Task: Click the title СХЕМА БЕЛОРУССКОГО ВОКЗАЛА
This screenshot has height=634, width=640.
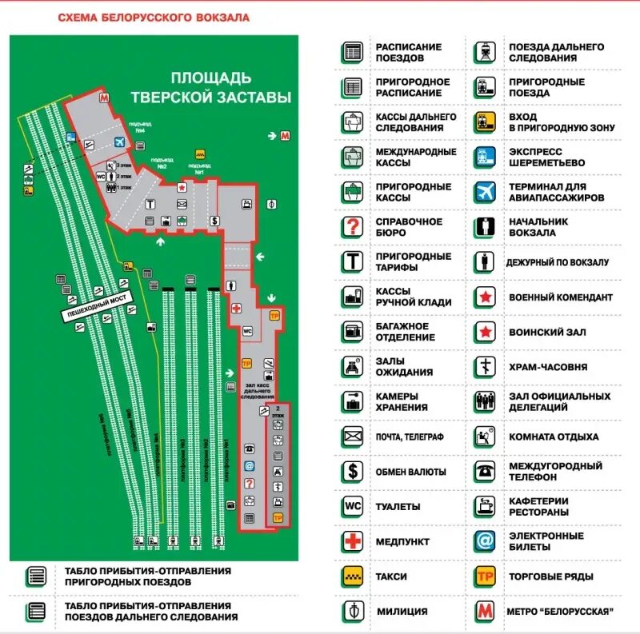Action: (154, 17)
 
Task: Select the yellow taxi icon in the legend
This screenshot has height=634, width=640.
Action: (353, 576)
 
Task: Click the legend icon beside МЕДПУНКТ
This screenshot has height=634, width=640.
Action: (353, 541)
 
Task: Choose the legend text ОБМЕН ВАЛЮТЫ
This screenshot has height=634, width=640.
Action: (410, 472)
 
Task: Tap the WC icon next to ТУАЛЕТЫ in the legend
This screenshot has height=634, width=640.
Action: (353, 507)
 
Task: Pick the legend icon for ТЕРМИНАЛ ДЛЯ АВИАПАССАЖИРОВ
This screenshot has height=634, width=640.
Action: (485, 192)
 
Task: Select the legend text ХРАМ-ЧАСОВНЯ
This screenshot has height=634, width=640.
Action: (548, 367)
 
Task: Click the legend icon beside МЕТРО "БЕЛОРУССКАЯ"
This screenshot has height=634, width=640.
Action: (485, 612)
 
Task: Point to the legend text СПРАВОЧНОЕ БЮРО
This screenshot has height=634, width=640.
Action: (409, 227)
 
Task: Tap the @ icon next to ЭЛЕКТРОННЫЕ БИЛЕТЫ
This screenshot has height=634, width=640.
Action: (485, 541)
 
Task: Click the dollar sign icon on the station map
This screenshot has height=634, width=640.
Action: (214, 220)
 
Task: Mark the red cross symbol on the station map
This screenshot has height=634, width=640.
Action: (237, 308)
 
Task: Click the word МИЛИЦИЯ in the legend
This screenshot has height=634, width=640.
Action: (402, 612)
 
